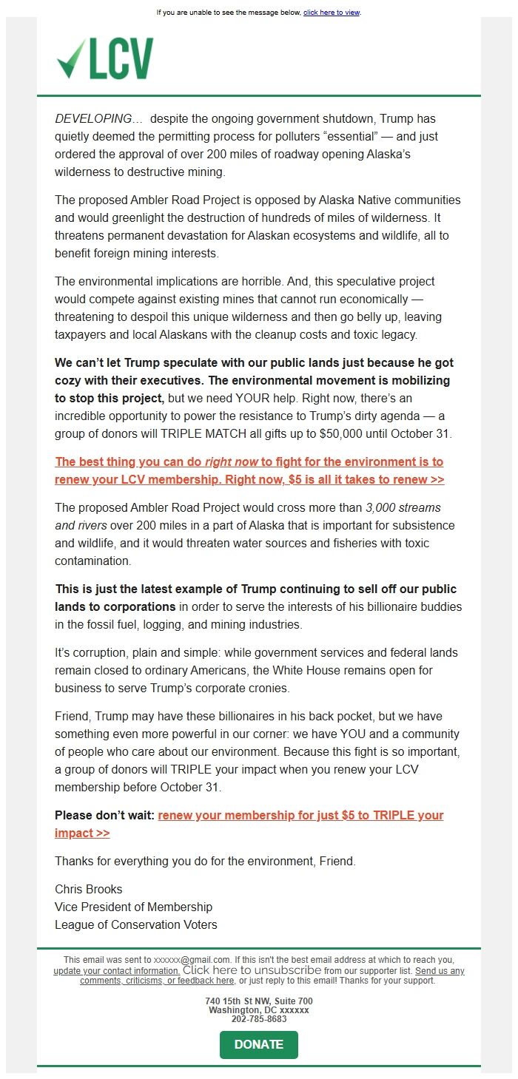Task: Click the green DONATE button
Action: pos(258,1044)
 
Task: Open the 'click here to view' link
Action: pos(331,13)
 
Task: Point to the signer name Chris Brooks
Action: pos(89,889)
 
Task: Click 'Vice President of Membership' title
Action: pos(133,907)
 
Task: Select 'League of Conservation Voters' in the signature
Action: pos(135,924)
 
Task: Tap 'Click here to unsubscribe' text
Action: pos(252,970)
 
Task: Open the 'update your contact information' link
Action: pos(116,970)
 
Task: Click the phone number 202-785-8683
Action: pos(258,1018)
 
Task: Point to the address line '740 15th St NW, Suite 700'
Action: pos(258,1001)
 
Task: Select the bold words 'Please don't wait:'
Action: pos(104,815)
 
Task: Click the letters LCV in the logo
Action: pos(121,59)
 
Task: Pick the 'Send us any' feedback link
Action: pos(440,970)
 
